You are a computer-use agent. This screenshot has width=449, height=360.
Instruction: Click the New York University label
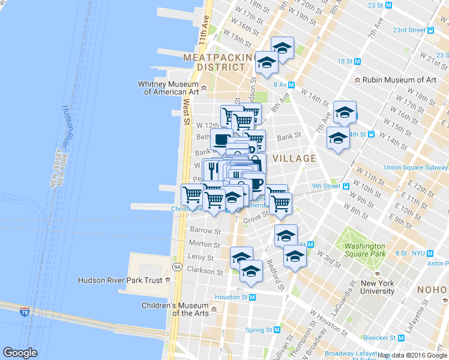tap(377, 287)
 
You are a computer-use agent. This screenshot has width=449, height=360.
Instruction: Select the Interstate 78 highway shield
tap(24, 312)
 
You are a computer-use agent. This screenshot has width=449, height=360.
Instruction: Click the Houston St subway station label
tap(235, 297)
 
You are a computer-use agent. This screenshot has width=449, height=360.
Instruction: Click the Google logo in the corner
tap(20, 353)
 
